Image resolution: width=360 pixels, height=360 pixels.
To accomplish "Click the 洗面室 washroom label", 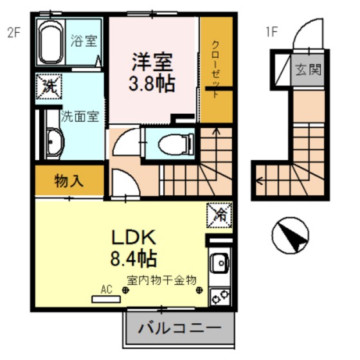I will coord(80,117).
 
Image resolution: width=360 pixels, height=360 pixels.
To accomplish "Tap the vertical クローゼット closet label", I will coord(217,67).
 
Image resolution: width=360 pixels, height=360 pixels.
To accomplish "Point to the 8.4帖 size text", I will coord(133,259).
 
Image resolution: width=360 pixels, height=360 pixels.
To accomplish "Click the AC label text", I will coord(106,290).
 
